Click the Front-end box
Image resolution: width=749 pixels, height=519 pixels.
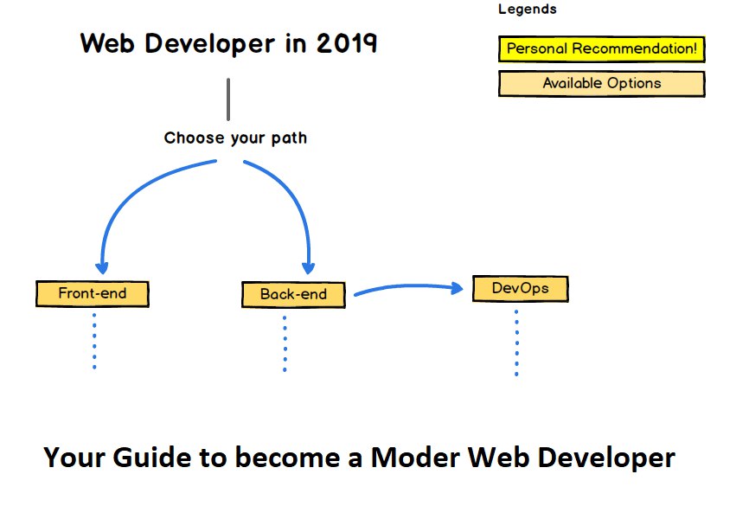coord(93,293)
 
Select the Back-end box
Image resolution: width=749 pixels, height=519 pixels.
coord(293,294)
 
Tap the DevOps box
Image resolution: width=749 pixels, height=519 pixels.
coord(520,288)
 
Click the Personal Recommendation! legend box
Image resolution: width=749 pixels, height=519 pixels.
coord(601,49)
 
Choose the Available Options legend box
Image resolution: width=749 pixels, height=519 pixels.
coord(601,84)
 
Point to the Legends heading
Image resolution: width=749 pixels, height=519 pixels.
coord(528,10)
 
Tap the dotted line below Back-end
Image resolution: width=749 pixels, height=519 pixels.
coord(285,344)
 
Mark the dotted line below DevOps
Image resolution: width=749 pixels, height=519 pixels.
coord(516,343)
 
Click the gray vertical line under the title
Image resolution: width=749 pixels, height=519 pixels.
coord(228,99)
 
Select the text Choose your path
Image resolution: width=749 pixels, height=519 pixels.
coord(235,138)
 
